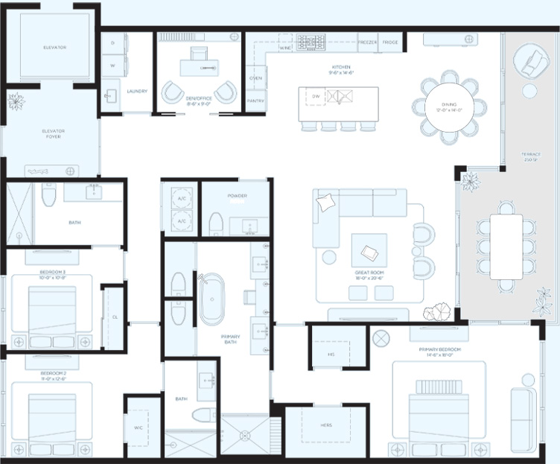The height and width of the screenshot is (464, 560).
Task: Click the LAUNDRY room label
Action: tap(137, 92)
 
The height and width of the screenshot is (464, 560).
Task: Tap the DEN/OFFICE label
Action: tap(199, 98)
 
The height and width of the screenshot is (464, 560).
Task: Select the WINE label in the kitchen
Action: tap(284, 48)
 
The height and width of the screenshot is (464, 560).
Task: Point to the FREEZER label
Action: tap(367, 42)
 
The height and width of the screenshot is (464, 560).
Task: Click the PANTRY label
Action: tap(255, 99)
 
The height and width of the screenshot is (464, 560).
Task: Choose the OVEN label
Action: tap(255, 77)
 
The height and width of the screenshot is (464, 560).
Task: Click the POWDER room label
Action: tap(237, 196)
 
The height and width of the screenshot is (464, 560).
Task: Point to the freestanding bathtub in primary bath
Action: tap(214, 299)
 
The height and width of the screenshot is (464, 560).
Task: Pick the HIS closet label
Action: tap(331, 355)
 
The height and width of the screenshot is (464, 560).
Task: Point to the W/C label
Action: tap(138, 428)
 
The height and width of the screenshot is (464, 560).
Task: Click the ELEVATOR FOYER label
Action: tap(53, 134)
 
